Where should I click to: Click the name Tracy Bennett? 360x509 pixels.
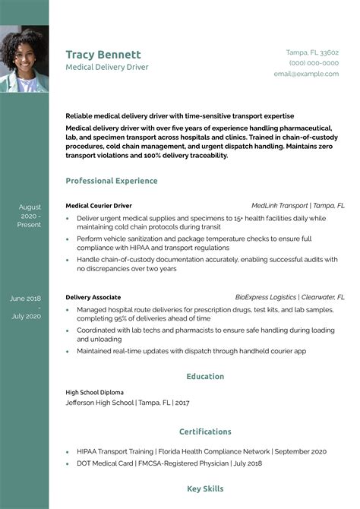[103, 55]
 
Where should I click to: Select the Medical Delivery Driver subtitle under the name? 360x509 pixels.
[107, 67]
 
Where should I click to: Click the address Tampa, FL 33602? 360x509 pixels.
[312, 52]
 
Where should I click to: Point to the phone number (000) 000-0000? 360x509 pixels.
[314, 63]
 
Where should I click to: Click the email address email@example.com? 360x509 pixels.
[306, 74]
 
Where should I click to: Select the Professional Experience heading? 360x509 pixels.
[112, 181]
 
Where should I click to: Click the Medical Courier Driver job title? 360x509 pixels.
[99, 205]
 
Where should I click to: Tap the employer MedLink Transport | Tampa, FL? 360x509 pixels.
[298, 205]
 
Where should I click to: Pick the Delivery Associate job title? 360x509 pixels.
[93, 297]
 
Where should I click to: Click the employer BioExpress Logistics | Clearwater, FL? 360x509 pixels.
[290, 297]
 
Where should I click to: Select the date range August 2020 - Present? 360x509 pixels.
[30, 216]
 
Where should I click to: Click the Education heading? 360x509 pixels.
[205, 376]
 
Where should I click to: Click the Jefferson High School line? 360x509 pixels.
[129, 402]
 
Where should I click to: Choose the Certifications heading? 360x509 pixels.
[205, 432]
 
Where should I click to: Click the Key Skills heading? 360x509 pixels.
[205, 488]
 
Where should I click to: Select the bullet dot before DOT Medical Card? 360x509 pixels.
[69, 463]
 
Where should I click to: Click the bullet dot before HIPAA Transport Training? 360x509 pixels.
[69, 451]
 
